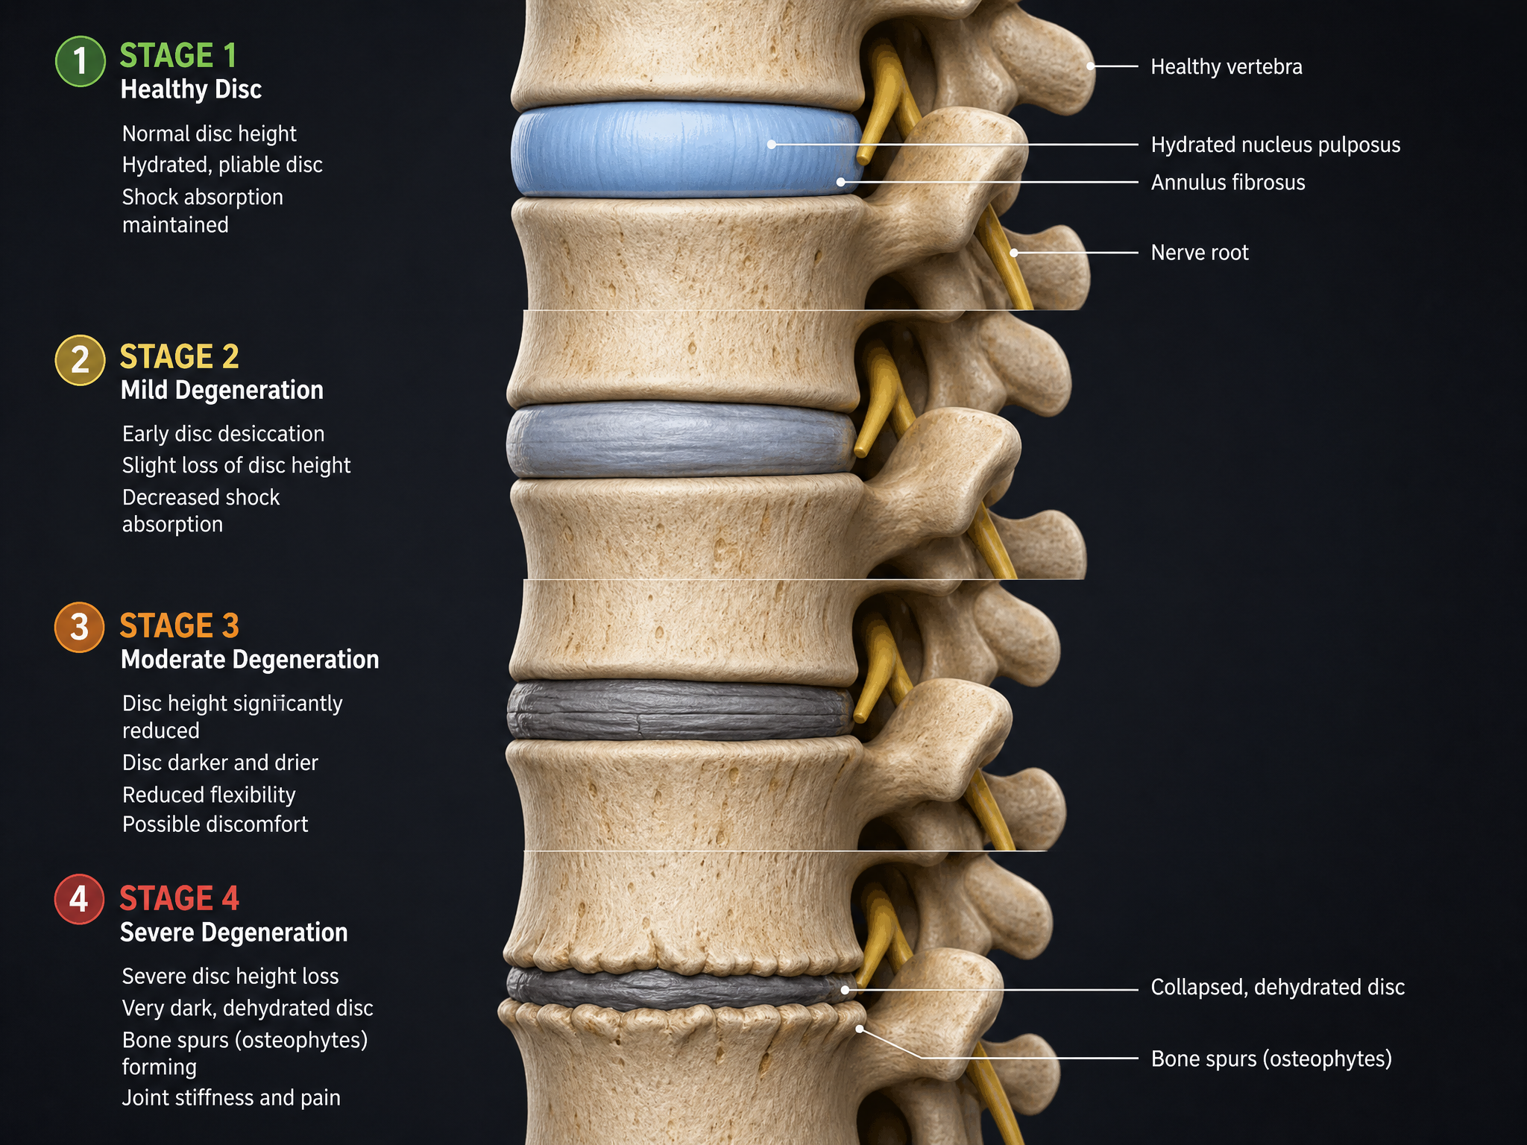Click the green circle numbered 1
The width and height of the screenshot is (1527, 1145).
(80, 61)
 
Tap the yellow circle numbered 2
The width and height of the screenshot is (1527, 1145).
(80, 360)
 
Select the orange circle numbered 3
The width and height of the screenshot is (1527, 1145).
(79, 627)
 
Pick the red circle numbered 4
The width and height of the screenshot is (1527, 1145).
(79, 899)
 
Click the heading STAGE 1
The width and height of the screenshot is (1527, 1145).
(178, 55)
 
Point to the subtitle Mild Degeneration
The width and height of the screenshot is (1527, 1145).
(222, 390)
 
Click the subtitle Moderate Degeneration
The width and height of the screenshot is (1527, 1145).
(250, 659)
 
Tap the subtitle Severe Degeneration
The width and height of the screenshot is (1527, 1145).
(234, 932)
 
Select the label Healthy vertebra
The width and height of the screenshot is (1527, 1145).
(1227, 66)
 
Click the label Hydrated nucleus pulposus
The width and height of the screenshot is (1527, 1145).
(1276, 145)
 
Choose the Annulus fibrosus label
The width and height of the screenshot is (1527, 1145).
(1228, 182)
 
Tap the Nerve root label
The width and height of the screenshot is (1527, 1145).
(1200, 253)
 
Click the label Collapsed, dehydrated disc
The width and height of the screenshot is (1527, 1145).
(1278, 987)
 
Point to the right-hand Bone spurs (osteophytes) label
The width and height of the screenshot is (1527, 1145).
(1271, 1059)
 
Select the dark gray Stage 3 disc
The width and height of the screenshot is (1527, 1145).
(681, 710)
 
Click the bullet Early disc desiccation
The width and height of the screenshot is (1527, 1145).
(223, 434)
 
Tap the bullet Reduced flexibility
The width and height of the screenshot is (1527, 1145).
(209, 795)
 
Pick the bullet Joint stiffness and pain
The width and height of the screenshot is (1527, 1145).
(231, 1097)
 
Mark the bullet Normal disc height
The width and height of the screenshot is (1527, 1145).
(209, 133)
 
